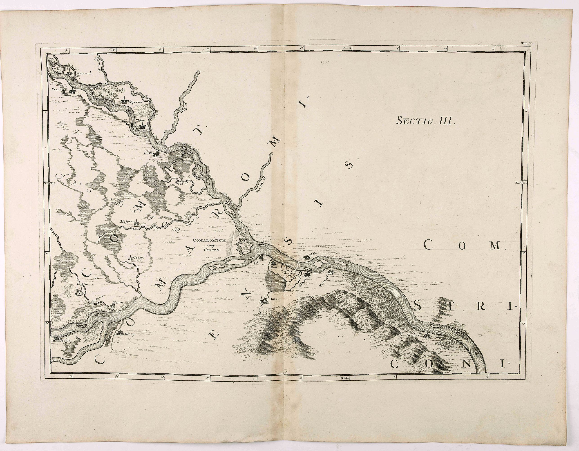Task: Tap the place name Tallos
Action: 141,120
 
